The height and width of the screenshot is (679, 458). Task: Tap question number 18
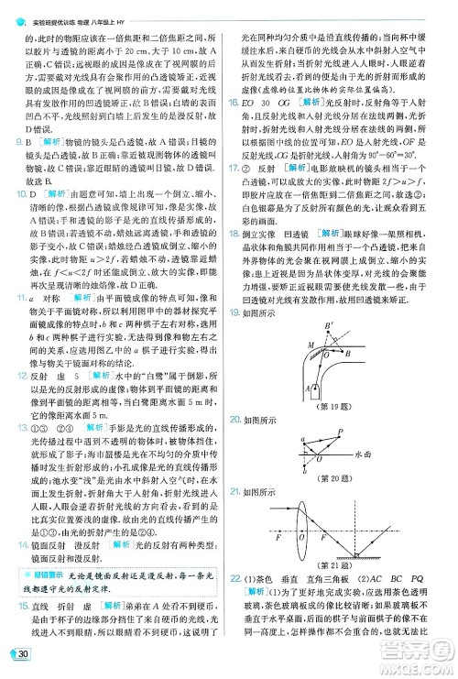(x=234, y=259)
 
